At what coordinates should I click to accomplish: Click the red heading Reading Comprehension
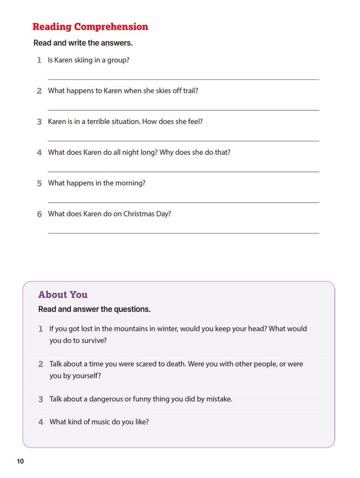point(90,27)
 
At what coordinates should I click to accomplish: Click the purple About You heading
point(63,295)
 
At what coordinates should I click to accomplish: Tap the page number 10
point(20,462)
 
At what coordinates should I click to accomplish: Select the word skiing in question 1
point(83,60)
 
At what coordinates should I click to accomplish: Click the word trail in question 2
point(189,91)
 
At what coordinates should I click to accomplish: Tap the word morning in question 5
point(131,183)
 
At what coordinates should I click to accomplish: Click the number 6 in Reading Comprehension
point(40,214)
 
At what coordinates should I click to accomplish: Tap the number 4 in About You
point(41,422)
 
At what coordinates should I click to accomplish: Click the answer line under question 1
point(183,79)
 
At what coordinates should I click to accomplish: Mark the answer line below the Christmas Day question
point(183,233)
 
